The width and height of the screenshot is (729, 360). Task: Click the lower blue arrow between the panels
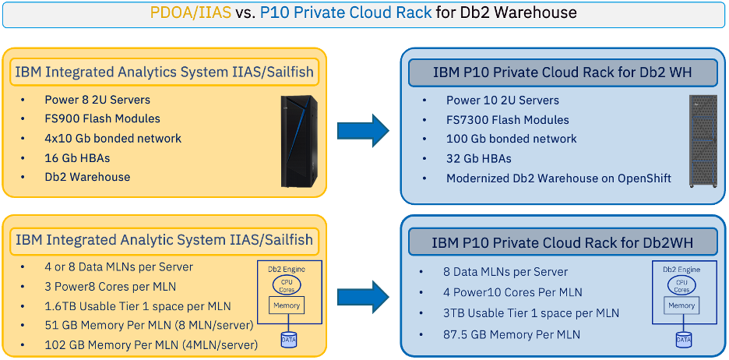363,296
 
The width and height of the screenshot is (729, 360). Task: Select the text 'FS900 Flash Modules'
102,118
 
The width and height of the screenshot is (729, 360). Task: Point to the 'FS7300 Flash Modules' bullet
507,120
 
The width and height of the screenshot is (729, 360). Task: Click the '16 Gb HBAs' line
77,157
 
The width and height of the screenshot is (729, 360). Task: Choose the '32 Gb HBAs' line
479,159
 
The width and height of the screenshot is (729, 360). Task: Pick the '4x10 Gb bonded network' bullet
113,138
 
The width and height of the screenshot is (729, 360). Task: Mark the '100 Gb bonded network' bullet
512,139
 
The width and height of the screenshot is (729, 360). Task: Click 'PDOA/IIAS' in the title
191,12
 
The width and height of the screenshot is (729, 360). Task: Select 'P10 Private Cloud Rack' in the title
346,12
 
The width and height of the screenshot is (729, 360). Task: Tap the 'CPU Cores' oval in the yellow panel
287,284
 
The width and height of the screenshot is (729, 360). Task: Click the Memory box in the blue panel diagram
681,305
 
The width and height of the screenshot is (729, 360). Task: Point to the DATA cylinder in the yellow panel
288,341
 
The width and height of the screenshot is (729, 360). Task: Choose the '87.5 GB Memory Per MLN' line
512,334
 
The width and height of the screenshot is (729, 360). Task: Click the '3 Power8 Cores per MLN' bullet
111,287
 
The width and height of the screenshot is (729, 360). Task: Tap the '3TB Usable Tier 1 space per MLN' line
531,313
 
